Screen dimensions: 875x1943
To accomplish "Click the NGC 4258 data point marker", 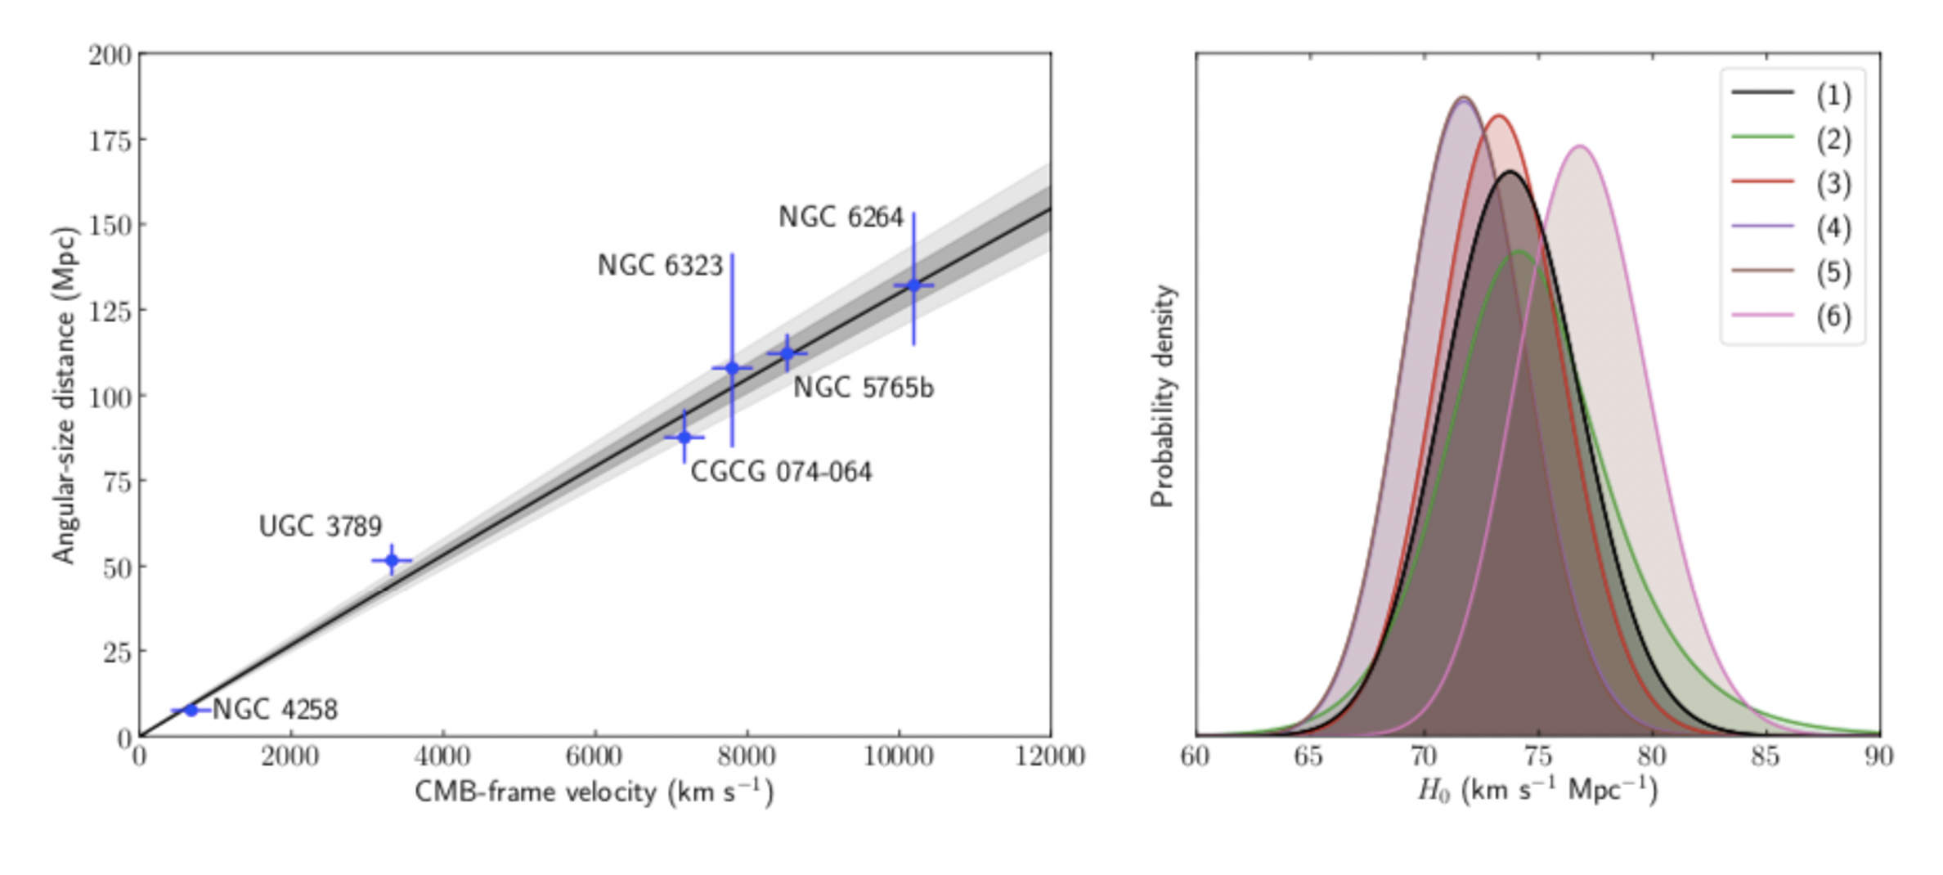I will (191, 710).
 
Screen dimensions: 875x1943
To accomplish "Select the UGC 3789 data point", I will (392, 560).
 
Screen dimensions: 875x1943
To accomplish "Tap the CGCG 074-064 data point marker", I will (684, 437).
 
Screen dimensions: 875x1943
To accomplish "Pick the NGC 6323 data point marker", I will (732, 368).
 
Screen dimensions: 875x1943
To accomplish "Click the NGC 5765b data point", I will (788, 353).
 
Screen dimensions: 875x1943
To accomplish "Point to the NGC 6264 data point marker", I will (913, 285).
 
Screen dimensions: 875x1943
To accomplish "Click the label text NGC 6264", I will (841, 218).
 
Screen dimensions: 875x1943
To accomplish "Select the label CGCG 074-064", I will (781, 472).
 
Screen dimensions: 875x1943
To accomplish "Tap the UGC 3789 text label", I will (320, 527).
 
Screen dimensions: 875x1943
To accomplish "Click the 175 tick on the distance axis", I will (110, 141).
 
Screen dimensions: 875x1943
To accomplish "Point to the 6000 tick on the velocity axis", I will (594, 756).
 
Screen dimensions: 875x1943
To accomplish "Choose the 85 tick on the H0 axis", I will (1766, 756).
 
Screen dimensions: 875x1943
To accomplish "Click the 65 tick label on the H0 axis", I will (1308, 756).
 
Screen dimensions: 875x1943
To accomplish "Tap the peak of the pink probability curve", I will (1580, 146).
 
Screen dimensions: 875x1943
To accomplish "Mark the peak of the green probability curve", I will (1519, 251).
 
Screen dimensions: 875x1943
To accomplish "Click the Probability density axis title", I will (1162, 396).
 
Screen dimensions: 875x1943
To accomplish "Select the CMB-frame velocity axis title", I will (594, 792).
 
